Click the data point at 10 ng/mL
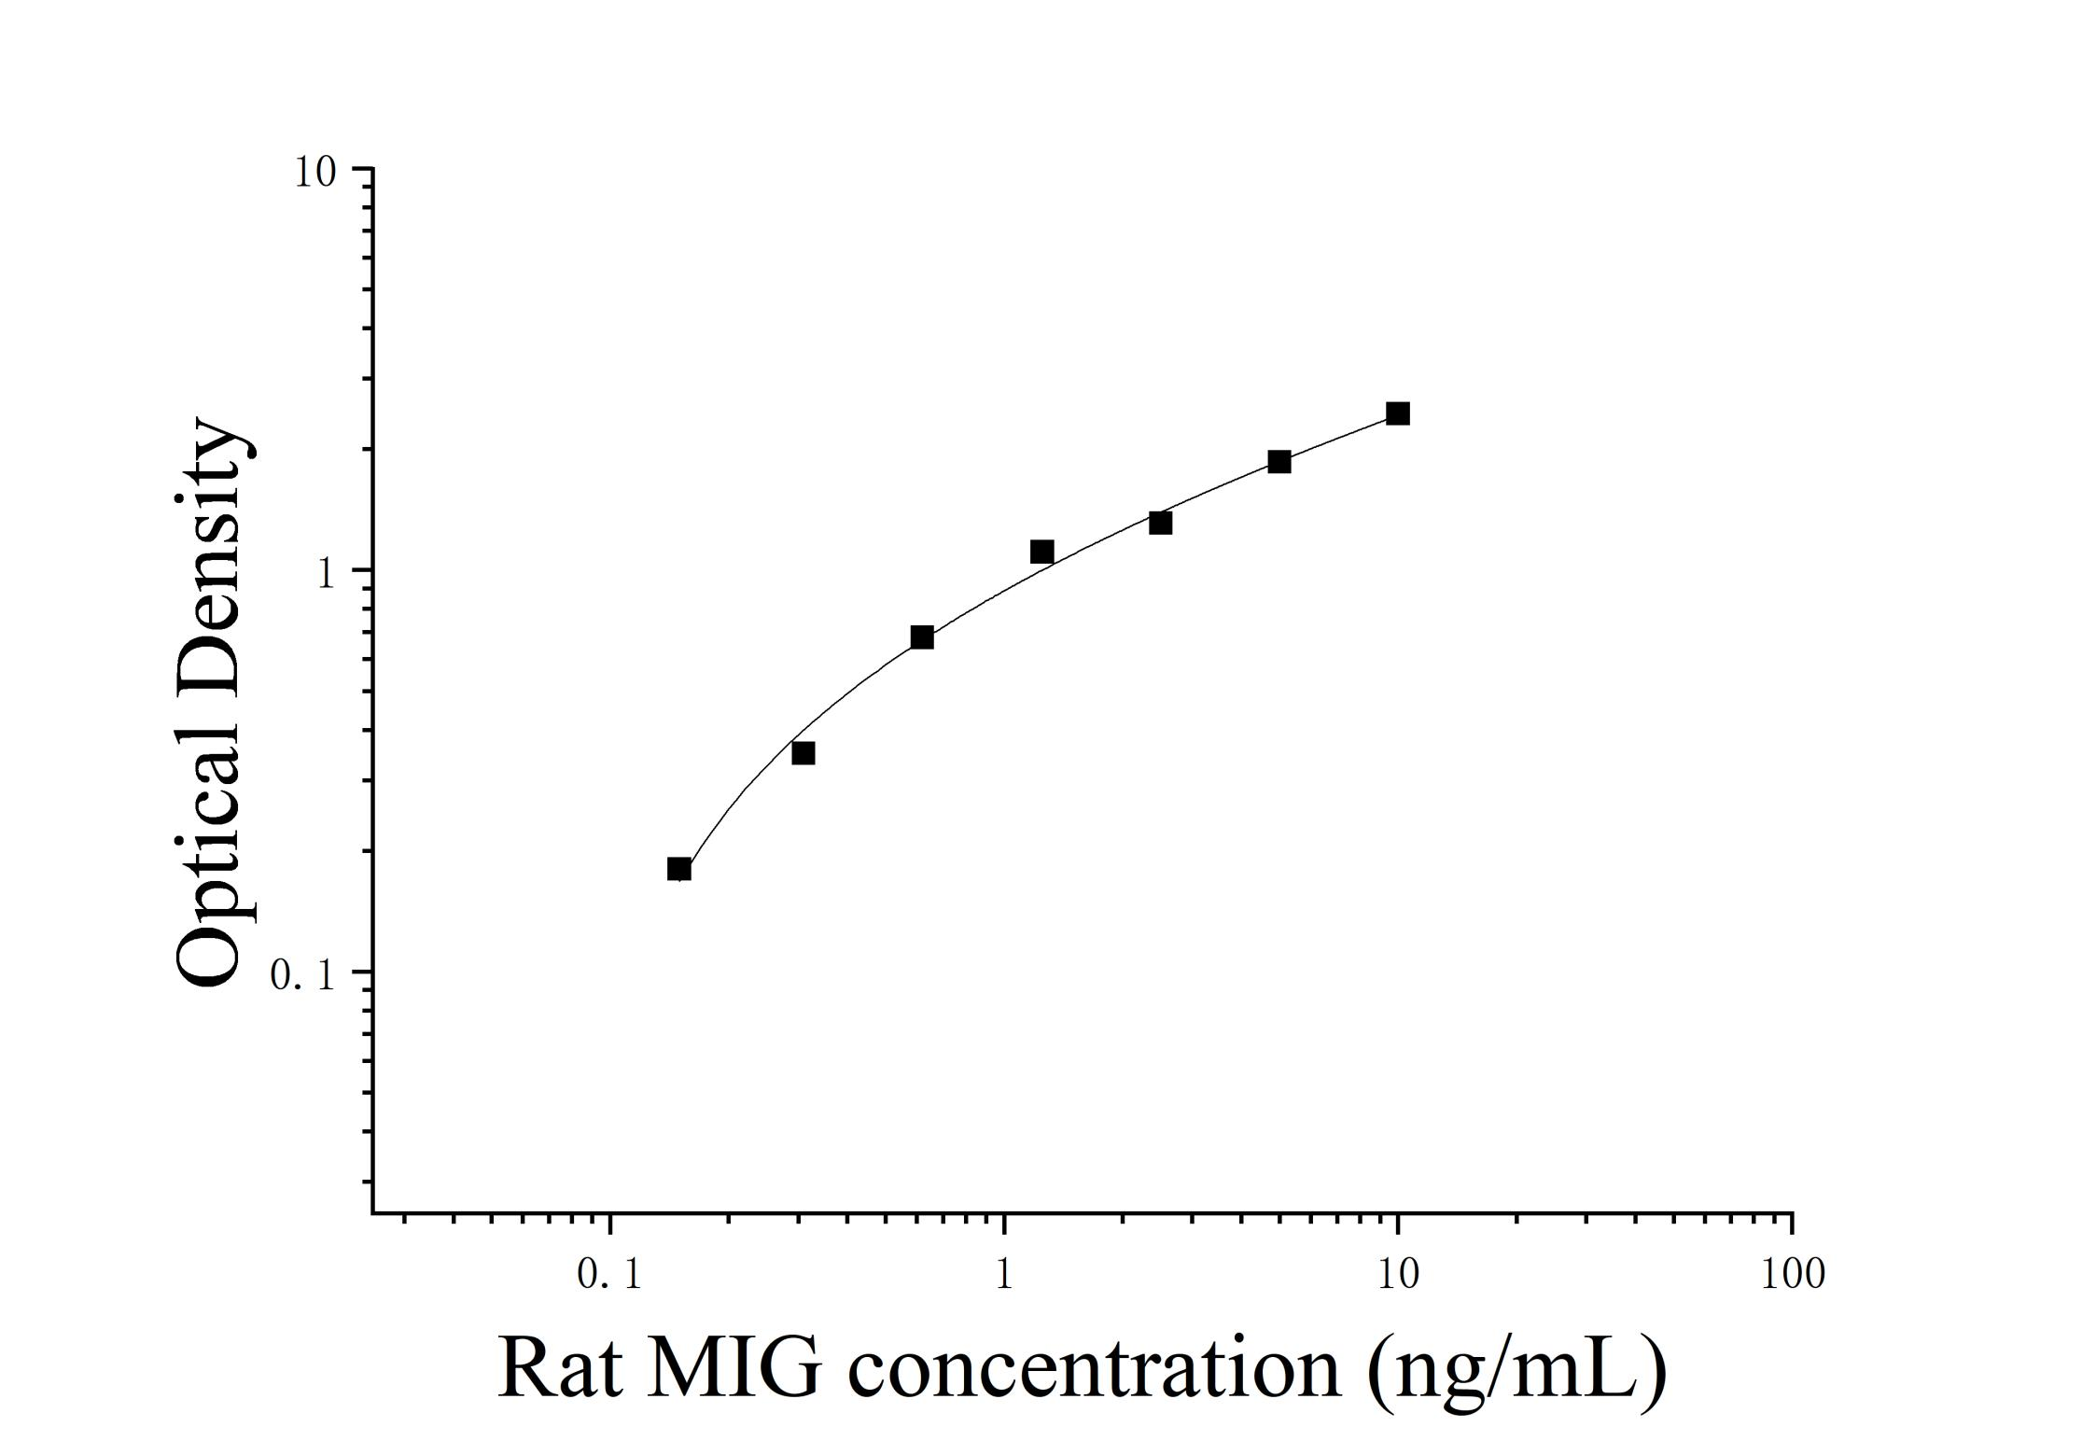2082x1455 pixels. coord(1397,413)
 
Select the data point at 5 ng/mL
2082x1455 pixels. coord(1279,462)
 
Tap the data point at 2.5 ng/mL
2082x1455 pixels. coord(1160,523)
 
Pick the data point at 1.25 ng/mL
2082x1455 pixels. coord(1041,553)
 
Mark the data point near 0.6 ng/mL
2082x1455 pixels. coord(922,637)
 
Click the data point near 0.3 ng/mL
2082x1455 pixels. coord(803,753)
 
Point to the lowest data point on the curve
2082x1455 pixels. coord(679,869)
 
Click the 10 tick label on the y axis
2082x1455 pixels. coord(315,172)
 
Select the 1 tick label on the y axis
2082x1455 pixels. coord(325,573)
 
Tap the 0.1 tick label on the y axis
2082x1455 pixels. coord(301,975)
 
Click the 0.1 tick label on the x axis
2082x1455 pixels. coord(609,1274)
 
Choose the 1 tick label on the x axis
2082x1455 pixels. coord(1004,1274)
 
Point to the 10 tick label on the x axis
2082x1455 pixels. coord(1397,1274)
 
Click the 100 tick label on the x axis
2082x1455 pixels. coord(1793,1274)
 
